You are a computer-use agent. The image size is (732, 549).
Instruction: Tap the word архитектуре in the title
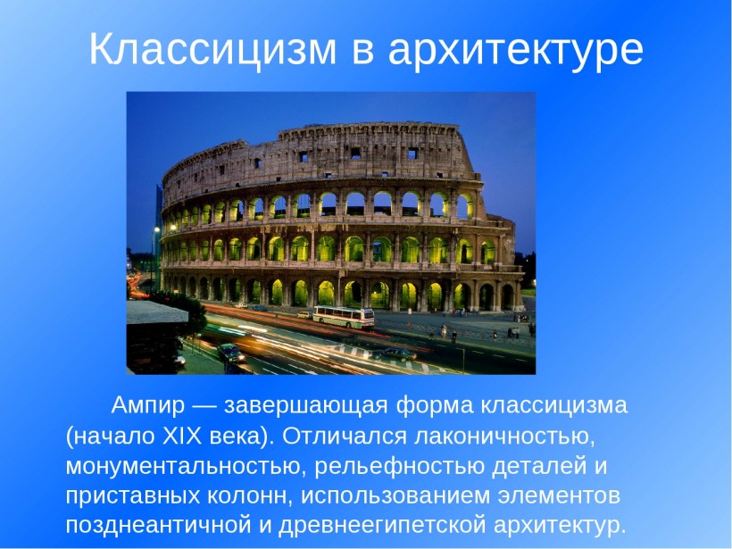click(x=516, y=51)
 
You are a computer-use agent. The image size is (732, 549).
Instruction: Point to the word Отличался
click(x=337, y=436)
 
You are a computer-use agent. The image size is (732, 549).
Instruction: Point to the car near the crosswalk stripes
click(x=394, y=354)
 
